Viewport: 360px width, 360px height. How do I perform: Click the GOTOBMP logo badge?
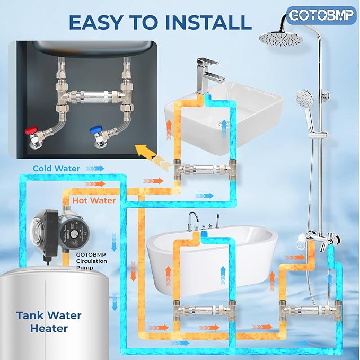[x=322, y=15]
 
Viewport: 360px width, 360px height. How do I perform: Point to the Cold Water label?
[x=57, y=169]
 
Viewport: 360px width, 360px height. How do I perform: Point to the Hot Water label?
[x=95, y=200]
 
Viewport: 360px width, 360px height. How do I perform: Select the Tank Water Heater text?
[x=49, y=322]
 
